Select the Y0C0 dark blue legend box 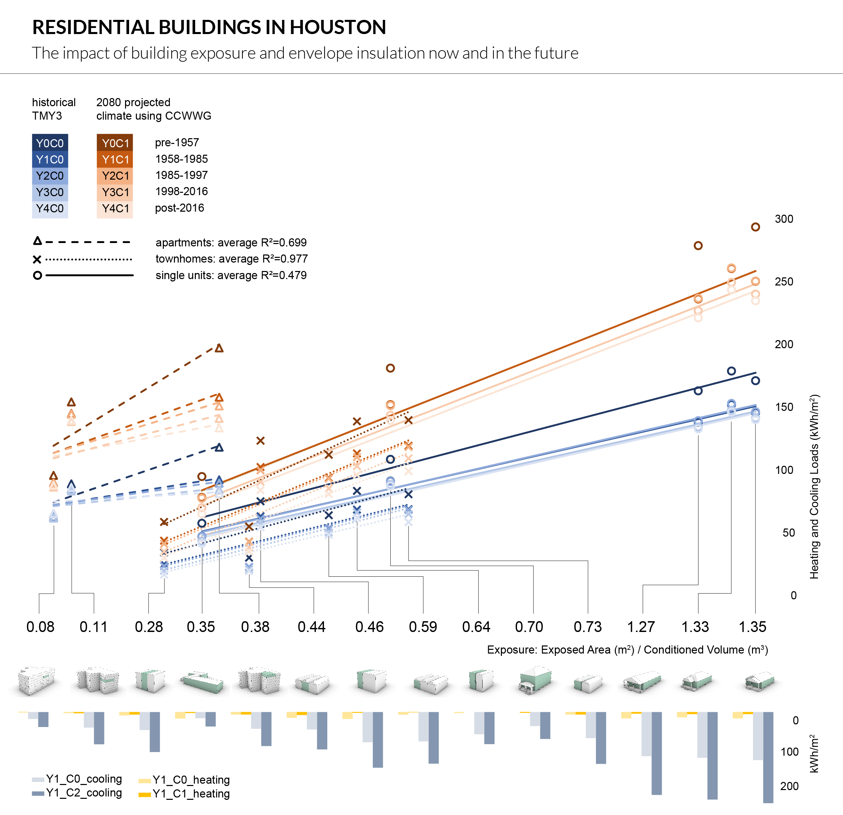[50, 143]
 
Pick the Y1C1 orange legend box [115, 159]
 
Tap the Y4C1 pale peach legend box [115, 209]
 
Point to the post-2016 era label [179, 208]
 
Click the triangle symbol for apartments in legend [37, 241]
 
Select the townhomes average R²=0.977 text [231, 259]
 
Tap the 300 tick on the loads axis [784, 219]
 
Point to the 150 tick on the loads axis [784, 407]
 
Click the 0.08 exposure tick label [40, 627]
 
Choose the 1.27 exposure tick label [640, 627]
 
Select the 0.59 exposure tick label [422, 627]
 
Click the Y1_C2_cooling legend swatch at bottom [38, 793]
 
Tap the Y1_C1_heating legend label [191, 793]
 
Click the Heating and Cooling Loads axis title [814, 486]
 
